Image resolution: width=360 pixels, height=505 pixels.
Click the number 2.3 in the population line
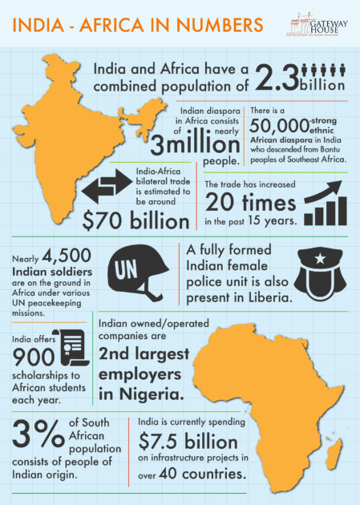pyautogui.click(x=276, y=78)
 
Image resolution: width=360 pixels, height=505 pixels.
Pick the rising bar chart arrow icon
pyautogui.click(x=315, y=204)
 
